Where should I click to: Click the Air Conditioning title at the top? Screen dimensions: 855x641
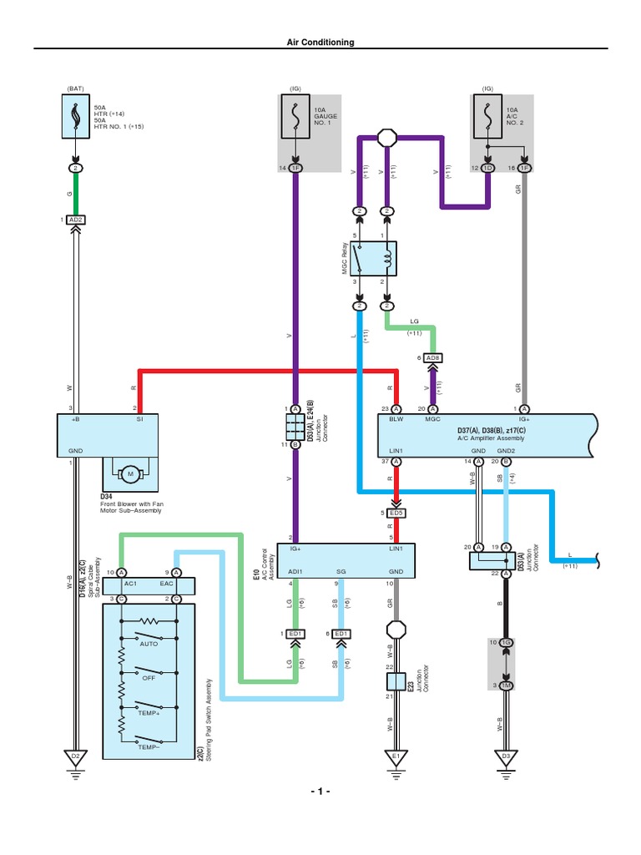(320, 42)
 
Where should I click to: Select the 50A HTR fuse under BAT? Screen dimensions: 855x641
(75, 114)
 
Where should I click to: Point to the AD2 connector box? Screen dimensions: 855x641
(75, 220)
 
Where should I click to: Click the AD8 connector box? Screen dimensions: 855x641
(432, 357)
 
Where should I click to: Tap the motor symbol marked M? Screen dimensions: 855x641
(130, 475)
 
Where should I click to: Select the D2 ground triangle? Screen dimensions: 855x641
(75, 757)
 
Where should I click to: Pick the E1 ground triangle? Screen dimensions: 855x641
(396, 757)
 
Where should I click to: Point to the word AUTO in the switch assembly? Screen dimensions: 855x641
(149, 645)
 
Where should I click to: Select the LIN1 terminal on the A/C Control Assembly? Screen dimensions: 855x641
(395, 549)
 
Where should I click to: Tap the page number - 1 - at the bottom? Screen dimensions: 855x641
(320, 791)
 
